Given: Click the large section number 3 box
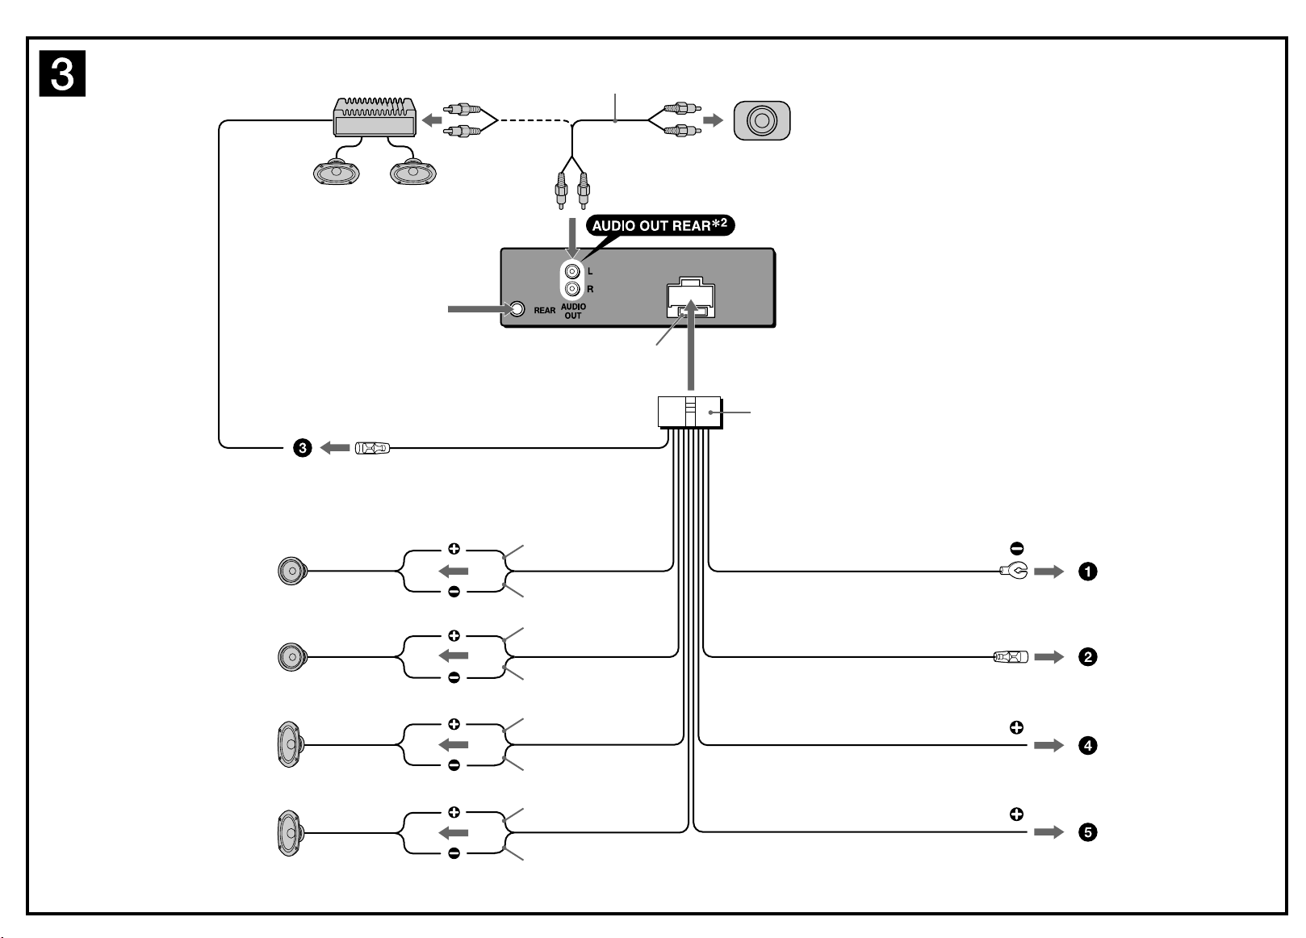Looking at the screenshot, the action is pyautogui.click(x=62, y=73).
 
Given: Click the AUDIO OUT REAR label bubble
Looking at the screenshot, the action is pyautogui.click(x=660, y=225).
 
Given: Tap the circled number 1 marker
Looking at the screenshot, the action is pyautogui.click(x=1087, y=572).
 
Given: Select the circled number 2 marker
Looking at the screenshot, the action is pyautogui.click(x=1087, y=657).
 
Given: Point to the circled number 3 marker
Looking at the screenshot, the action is pyautogui.click(x=302, y=448).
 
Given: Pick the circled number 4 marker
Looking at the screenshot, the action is pyautogui.click(x=1087, y=746).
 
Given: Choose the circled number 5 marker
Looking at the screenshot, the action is pyautogui.click(x=1087, y=832).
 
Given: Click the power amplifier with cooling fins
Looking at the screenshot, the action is pyautogui.click(x=375, y=117).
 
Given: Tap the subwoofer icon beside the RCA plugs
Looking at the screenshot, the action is pyautogui.click(x=762, y=120).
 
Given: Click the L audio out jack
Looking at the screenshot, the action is pyautogui.click(x=572, y=271).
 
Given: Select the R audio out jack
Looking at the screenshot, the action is pyautogui.click(x=572, y=288).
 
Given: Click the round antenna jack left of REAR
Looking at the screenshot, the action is pyautogui.click(x=517, y=309).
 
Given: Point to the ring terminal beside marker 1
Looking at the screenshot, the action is pyautogui.click(x=1014, y=571).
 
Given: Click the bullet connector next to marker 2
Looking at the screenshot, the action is pyautogui.click(x=1011, y=657).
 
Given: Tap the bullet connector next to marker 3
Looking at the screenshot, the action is pyautogui.click(x=372, y=448).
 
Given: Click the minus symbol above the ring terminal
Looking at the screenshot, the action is pyautogui.click(x=1016, y=548).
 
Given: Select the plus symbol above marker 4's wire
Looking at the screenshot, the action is pyautogui.click(x=1016, y=727).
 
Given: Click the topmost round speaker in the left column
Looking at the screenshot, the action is pyautogui.click(x=292, y=572).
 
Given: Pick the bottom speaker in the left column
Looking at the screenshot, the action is pyautogui.click(x=291, y=833).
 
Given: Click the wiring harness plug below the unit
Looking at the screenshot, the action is pyautogui.click(x=690, y=412).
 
